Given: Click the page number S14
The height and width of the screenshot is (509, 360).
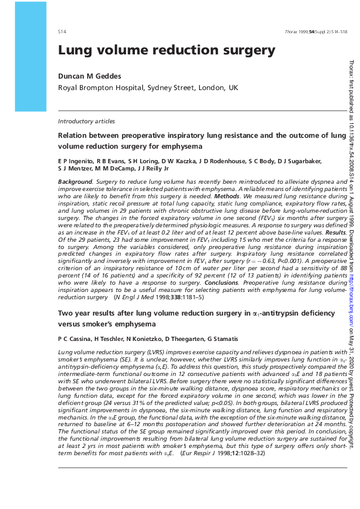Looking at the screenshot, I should (62, 30).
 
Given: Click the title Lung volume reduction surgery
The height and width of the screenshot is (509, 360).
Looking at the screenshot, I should (166, 51).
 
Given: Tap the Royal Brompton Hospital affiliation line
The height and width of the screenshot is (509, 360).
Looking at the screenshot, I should (148, 88).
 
